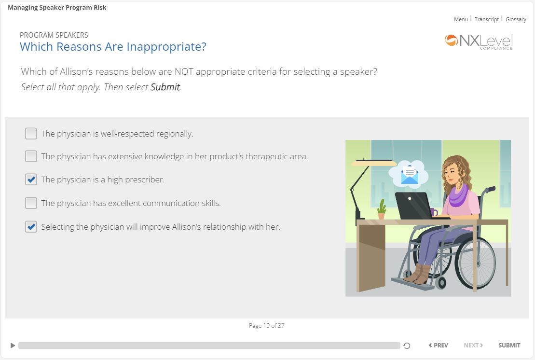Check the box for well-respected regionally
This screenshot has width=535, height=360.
tap(31, 133)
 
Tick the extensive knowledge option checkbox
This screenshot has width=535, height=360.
tap(31, 156)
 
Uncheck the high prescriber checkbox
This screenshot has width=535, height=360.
tap(31, 180)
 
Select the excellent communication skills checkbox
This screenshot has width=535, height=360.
tap(31, 203)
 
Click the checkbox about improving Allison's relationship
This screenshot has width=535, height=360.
tap(31, 227)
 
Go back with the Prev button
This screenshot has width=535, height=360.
tap(439, 346)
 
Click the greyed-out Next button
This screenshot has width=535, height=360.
tap(473, 346)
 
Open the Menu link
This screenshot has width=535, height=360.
tap(461, 19)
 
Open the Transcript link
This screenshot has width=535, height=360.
tap(487, 19)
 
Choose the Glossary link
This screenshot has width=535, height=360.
tap(516, 19)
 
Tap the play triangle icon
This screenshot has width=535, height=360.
tap(13, 346)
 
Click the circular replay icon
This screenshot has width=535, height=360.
tap(407, 346)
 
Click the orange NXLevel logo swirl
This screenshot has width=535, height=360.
tap(451, 40)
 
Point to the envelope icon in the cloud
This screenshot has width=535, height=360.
tap(410, 175)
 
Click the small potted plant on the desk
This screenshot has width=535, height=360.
tap(382, 209)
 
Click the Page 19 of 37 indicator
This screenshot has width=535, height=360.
tap(266, 326)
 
